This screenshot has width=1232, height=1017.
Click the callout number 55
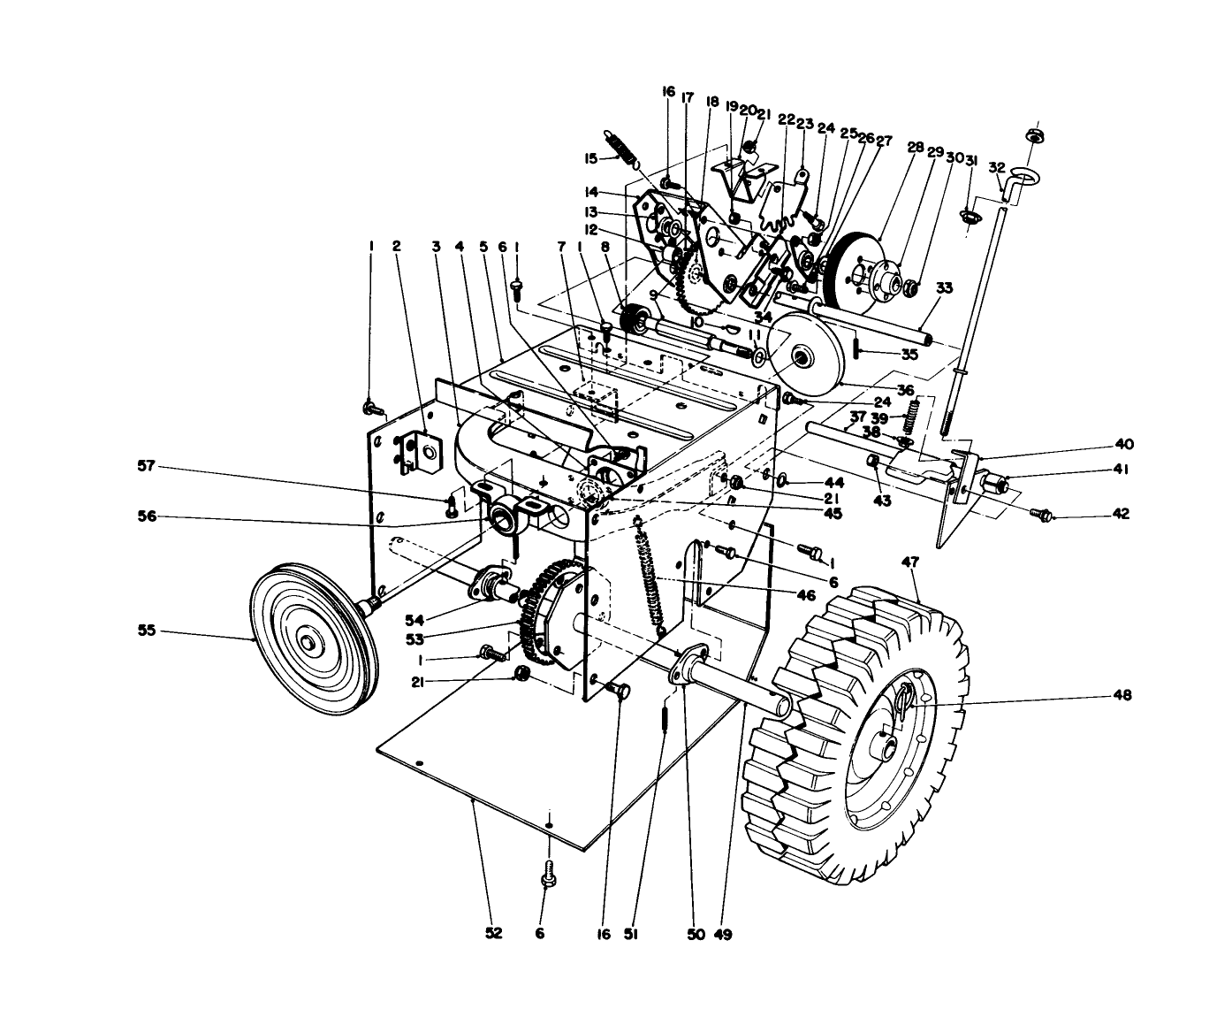(146, 631)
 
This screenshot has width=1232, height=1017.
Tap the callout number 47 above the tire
(910, 562)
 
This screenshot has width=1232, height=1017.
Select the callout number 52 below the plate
(493, 933)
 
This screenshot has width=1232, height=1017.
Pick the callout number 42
(1121, 514)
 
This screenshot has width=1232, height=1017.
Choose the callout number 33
(945, 287)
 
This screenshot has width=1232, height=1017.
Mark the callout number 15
(590, 158)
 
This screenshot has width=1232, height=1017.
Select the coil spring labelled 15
(623, 148)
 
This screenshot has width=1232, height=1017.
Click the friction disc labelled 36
(802, 357)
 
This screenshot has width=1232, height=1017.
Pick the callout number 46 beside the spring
(805, 596)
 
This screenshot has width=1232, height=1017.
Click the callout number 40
(1123, 444)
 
